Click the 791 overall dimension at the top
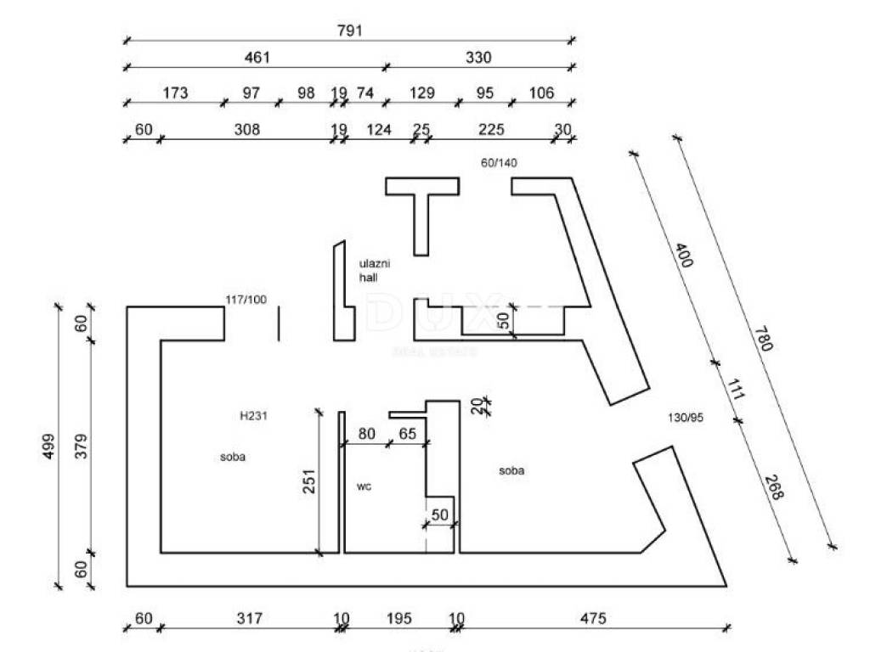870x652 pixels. point(349,31)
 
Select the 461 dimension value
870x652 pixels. point(257,58)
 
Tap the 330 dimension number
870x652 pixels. point(478,58)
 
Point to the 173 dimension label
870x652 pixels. point(174,93)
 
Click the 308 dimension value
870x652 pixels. point(246,130)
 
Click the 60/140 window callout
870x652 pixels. point(499,163)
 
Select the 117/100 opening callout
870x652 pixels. point(246,300)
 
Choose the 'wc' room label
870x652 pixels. point(363,486)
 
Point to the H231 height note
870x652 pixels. point(254,416)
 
